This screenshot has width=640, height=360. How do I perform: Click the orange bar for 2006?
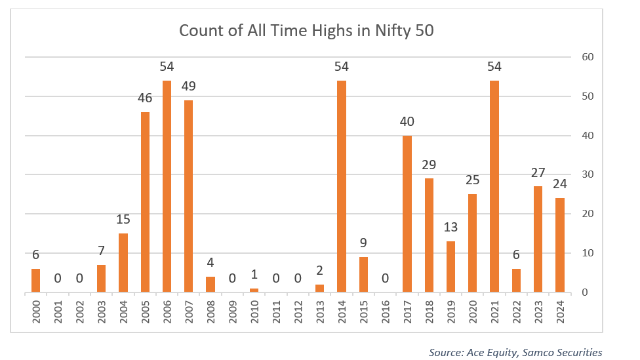(167, 186)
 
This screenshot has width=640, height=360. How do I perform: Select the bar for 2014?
(342, 186)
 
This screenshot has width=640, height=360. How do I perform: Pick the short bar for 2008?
(210, 285)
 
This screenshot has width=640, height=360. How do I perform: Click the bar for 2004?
(123, 263)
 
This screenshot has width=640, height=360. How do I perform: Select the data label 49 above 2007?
(189, 87)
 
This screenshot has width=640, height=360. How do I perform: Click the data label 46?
(145, 98)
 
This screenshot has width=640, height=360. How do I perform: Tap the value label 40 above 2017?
(407, 122)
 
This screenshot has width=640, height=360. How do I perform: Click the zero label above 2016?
(385, 279)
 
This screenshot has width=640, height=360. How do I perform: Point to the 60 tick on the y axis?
(588, 57)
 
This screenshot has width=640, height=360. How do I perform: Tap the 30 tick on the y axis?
(588, 174)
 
